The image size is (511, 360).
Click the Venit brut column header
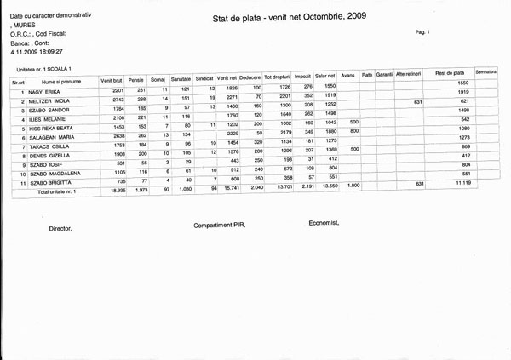coord(112,79)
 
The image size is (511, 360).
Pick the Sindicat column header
coord(204,78)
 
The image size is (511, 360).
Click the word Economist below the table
coord(324,222)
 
